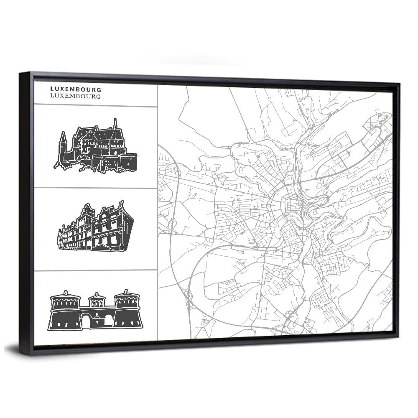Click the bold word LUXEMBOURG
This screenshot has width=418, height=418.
pyautogui.click(x=75, y=89)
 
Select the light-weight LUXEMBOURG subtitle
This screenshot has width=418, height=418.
pyautogui.click(x=75, y=96)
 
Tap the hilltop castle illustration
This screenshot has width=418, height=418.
pyautogui.click(x=96, y=148)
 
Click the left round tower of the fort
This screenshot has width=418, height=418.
pyautogui.click(x=65, y=311)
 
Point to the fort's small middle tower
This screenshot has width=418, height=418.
pyautogui.click(x=97, y=300)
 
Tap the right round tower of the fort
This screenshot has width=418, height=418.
pyautogui.click(x=127, y=310)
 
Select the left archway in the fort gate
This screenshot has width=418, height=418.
pyautogui.click(x=86, y=321)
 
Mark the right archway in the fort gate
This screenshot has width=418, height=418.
pyautogui.click(x=108, y=321)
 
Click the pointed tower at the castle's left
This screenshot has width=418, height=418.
pyautogui.click(x=63, y=144)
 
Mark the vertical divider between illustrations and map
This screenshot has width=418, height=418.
pyautogui.click(x=157, y=209)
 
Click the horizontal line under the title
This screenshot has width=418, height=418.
pyautogui.click(x=95, y=105)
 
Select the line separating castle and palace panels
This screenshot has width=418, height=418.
pyautogui.click(x=95, y=188)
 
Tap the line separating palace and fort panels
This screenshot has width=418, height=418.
pyautogui.click(x=95, y=270)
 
